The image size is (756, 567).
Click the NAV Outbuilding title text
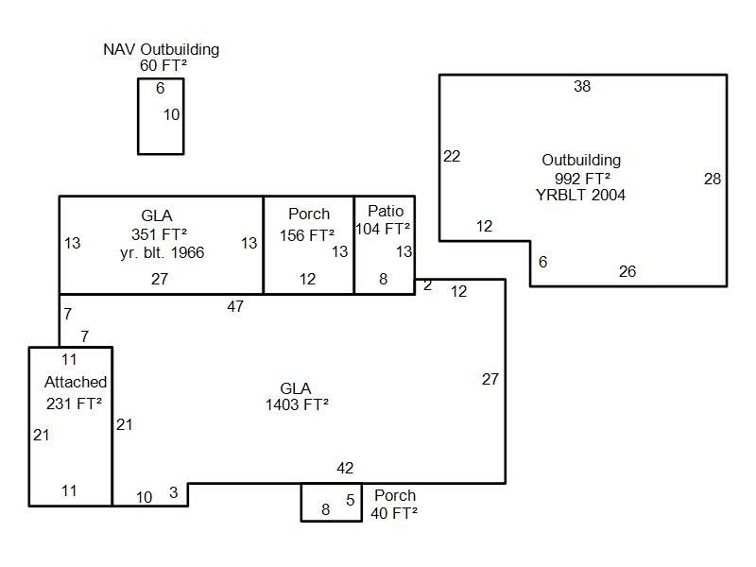[x=161, y=49]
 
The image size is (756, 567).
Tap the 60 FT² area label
[x=161, y=65]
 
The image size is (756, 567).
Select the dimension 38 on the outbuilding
[x=582, y=87]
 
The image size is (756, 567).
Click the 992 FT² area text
[x=581, y=178]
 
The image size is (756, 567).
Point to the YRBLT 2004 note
[x=580, y=195]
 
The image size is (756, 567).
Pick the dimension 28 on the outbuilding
[x=712, y=179]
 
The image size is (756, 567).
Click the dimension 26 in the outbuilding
[x=627, y=271]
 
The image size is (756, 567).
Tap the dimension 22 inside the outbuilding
[x=452, y=156]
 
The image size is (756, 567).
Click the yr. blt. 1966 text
[x=162, y=252]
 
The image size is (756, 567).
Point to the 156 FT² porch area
[x=307, y=234]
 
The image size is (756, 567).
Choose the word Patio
[x=385, y=211]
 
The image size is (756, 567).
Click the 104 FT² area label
[x=383, y=229]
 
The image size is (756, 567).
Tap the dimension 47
[x=235, y=306]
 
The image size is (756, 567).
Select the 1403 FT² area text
[x=297, y=404]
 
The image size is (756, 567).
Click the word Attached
[x=76, y=383]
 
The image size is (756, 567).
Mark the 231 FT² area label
[x=74, y=404]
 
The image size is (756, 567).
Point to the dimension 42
[x=345, y=468]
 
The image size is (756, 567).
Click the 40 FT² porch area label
[x=394, y=513]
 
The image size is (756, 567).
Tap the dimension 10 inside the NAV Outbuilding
[x=171, y=114]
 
